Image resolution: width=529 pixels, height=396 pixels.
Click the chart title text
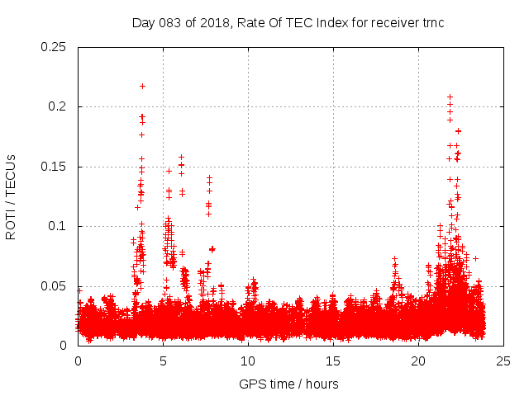(x=288, y=22)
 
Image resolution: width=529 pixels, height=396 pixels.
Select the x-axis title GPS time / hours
(x=288, y=383)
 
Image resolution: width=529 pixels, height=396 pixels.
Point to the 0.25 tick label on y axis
(x=55, y=47)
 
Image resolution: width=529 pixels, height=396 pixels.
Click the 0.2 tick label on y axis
(x=59, y=106)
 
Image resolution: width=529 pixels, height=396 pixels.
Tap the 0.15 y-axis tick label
(x=55, y=167)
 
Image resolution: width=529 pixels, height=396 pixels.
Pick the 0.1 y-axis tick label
(x=59, y=226)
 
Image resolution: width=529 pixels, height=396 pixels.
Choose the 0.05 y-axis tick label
(x=55, y=286)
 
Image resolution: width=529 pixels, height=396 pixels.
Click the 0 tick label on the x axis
(x=78, y=361)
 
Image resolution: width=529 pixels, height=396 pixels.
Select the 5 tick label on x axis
(x=163, y=361)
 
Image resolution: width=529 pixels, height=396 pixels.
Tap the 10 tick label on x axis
(x=248, y=361)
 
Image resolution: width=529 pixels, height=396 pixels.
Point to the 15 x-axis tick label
(x=333, y=361)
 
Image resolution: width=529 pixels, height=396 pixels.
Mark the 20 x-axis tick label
(x=418, y=361)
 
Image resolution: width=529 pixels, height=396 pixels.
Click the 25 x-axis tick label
(x=503, y=361)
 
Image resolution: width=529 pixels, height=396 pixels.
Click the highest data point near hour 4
(x=142, y=86)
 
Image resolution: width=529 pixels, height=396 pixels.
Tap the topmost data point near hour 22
(x=450, y=97)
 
